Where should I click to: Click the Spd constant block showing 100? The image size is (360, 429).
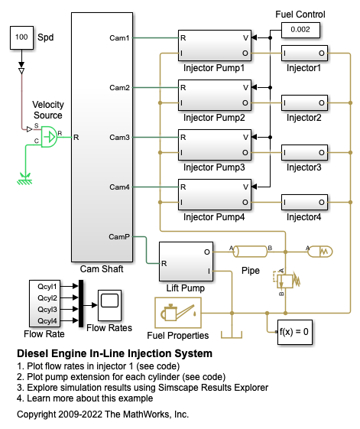(21, 37)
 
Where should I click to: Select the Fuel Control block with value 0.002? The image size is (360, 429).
(300, 30)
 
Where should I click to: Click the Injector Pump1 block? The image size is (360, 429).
(215, 45)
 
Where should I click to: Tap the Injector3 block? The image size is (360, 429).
(304, 152)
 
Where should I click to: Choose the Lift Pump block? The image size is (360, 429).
(186, 262)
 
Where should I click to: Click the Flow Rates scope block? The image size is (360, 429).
(109, 305)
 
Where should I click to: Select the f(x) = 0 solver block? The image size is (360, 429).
(294, 332)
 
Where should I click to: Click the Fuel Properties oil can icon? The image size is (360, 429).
(178, 313)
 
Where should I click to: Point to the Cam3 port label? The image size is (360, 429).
(119, 138)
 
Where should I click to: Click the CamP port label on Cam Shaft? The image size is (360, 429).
(119, 236)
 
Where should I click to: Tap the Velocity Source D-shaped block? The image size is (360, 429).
(49, 137)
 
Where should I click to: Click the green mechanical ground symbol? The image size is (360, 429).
(25, 179)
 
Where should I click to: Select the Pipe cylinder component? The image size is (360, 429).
(250, 252)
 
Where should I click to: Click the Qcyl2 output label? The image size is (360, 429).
(47, 298)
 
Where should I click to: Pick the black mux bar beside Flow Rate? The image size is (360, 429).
(81, 304)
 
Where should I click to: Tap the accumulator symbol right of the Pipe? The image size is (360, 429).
(320, 252)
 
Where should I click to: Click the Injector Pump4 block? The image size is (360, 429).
(215, 194)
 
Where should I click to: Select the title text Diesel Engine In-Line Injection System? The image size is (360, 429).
(115, 353)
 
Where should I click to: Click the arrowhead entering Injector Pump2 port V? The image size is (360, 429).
(254, 87)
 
